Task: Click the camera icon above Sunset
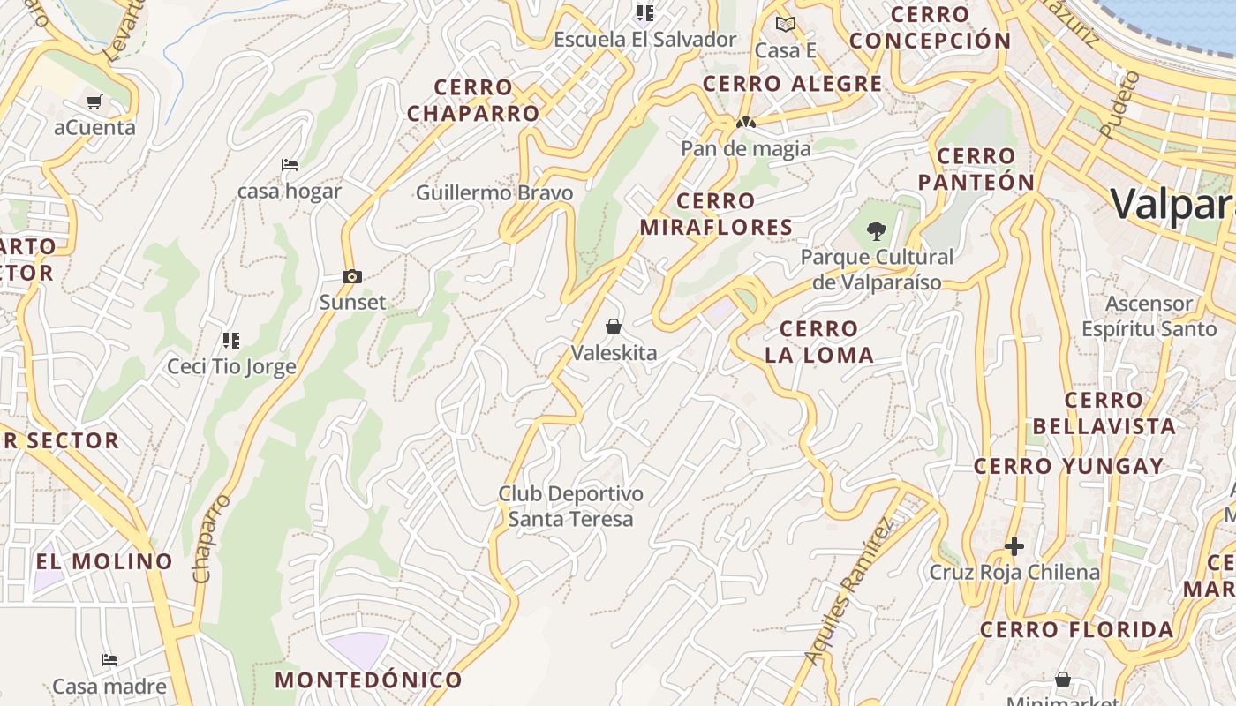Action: tap(352, 276)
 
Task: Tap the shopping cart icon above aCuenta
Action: tap(94, 101)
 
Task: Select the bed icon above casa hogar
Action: tap(289, 165)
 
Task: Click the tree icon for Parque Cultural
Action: tap(876, 231)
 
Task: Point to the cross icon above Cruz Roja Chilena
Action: tap(1014, 546)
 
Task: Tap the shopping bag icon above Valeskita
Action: tap(614, 327)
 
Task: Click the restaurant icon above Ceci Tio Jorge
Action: tap(231, 340)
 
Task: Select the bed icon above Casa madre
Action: tap(109, 660)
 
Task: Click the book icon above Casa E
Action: tap(785, 25)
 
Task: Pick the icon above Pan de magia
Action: tap(746, 124)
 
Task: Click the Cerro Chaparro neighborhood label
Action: tap(473, 100)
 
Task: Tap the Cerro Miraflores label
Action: tap(716, 214)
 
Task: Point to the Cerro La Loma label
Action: tap(819, 342)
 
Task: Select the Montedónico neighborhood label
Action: tap(368, 680)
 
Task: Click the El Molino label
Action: tap(104, 561)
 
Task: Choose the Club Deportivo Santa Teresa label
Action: tap(570, 506)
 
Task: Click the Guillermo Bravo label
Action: tap(494, 192)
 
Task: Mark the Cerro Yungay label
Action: tap(1068, 466)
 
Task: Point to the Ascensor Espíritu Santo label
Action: tap(1149, 316)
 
